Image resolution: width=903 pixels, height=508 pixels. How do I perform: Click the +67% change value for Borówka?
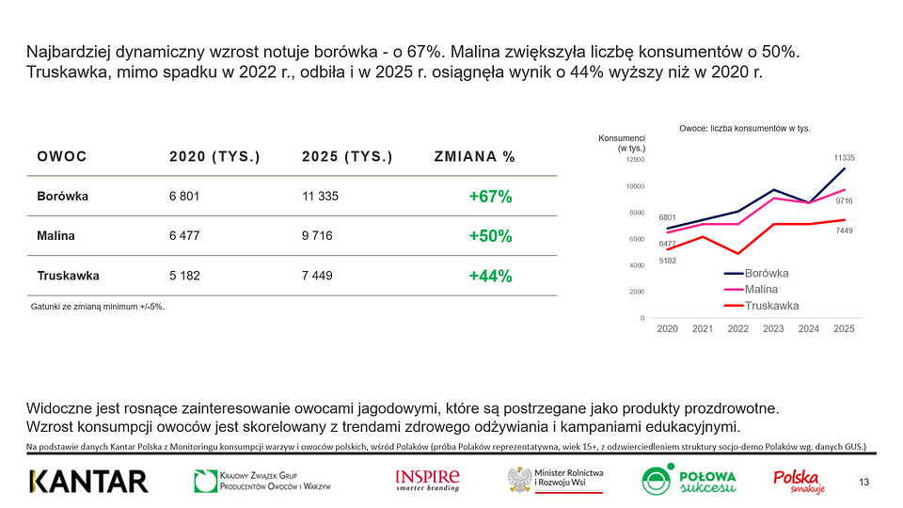(490, 198)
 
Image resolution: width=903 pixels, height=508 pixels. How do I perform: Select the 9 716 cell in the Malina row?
(317, 236)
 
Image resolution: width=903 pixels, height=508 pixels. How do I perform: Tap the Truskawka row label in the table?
(68, 276)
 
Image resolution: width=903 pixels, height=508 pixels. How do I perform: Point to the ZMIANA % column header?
(475, 157)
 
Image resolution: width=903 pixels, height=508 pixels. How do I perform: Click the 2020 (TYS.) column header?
(214, 157)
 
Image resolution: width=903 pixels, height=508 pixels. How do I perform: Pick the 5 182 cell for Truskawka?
(184, 276)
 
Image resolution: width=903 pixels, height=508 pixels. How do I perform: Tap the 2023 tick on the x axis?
(773, 328)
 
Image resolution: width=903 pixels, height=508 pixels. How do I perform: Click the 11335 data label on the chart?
(844, 158)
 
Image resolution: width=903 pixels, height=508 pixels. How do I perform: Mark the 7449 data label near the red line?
(844, 230)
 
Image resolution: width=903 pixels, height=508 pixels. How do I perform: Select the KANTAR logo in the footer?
(88, 482)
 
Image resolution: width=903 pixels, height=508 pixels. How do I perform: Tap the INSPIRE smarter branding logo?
(428, 480)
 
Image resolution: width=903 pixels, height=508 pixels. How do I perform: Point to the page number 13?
(863, 483)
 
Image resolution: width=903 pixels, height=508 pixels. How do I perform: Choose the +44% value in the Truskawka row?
(490, 277)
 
